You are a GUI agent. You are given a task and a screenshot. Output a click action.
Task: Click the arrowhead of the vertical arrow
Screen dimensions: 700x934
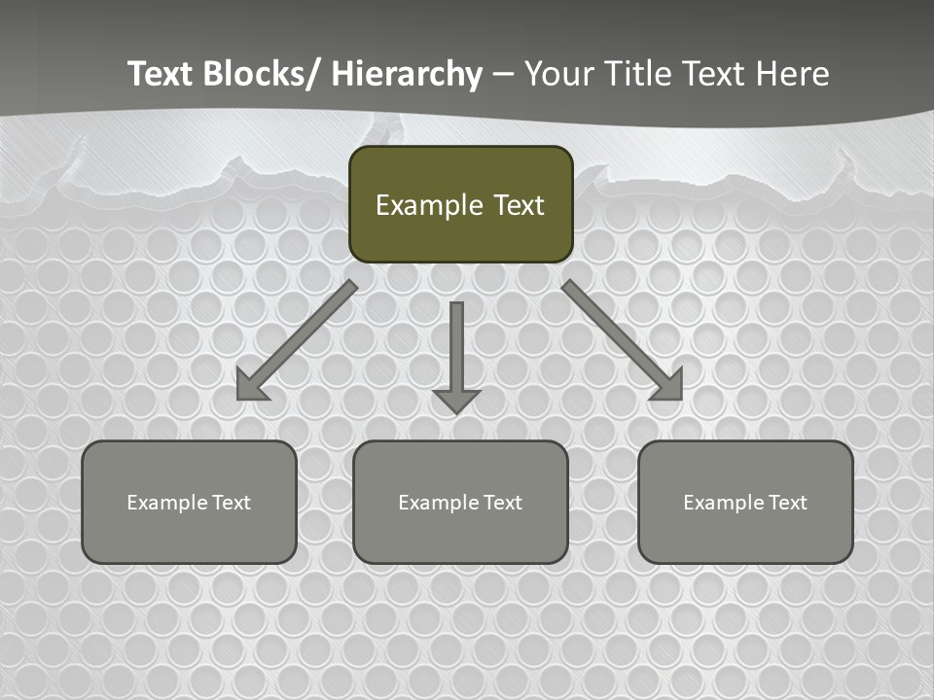(x=456, y=400)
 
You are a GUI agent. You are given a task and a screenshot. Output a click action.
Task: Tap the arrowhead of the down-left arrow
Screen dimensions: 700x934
(x=251, y=385)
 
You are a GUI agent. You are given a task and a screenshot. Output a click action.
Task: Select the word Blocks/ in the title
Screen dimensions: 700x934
(x=260, y=74)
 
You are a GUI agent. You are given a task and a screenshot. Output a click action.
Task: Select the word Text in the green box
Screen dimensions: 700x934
(x=519, y=205)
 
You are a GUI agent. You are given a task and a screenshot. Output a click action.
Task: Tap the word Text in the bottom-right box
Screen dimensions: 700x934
(x=788, y=503)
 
